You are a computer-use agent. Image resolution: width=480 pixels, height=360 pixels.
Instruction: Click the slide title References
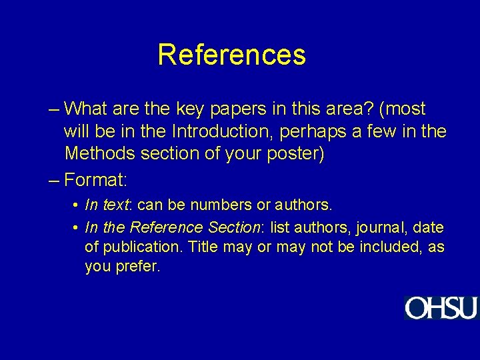coord(231,55)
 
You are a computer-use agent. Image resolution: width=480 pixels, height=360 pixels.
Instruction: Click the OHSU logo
coord(441,308)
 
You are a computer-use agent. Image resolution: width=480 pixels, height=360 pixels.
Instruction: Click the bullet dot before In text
coord(77,204)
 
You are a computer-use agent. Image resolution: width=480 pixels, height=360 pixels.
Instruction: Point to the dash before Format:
coord(54,180)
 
